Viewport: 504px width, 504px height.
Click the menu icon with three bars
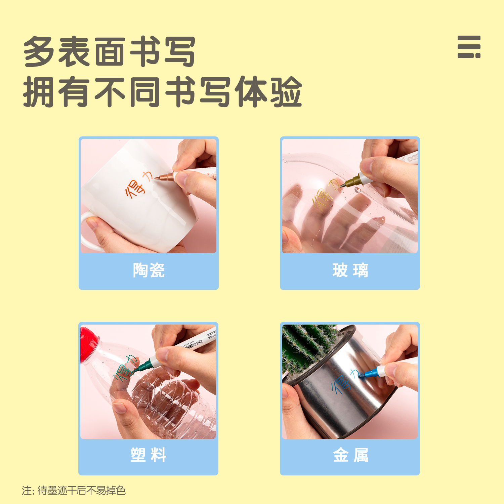[x=469, y=47]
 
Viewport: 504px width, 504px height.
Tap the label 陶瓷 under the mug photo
[x=149, y=270]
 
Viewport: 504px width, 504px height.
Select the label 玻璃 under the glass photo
[x=350, y=270]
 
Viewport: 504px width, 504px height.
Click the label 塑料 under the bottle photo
[x=149, y=455]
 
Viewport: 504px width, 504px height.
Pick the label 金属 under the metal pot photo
[x=350, y=455]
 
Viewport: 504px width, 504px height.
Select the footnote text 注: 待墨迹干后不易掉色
[x=74, y=491]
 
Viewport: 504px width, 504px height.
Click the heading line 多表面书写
[x=110, y=52]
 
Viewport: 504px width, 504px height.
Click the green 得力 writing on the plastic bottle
[x=124, y=368]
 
